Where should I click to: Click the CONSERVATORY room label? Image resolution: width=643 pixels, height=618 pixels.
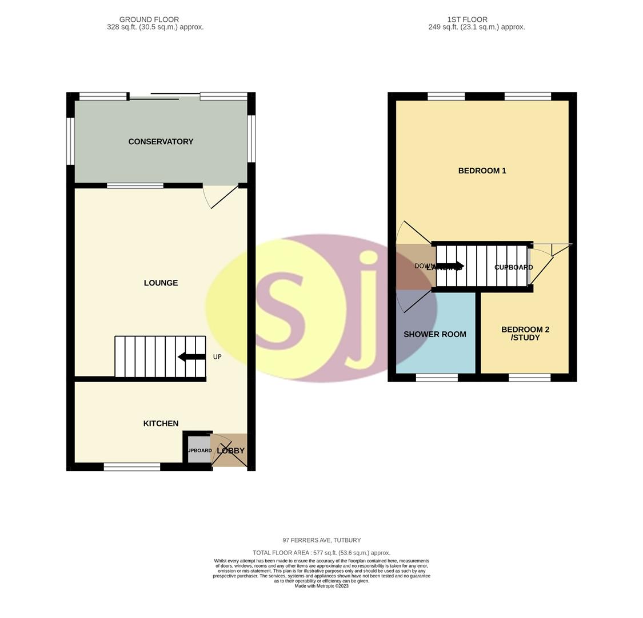click(161, 142)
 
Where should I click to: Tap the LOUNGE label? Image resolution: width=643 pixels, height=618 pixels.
click(161, 283)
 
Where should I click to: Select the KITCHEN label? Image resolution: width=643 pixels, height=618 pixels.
click(161, 423)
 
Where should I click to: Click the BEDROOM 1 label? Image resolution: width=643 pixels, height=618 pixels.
click(482, 171)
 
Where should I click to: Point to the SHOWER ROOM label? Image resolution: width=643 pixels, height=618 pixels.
click(434, 334)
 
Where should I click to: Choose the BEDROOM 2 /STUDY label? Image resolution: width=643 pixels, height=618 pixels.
click(525, 333)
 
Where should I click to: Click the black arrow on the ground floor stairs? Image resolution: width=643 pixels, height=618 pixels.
click(191, 357)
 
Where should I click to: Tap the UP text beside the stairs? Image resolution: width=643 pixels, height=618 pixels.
click(217, 357)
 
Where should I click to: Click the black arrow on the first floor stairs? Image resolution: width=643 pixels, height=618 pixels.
click(450, 266)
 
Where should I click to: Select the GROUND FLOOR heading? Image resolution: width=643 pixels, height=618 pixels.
click(149, 19)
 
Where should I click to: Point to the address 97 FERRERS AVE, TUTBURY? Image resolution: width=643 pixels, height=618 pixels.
click(321, 540)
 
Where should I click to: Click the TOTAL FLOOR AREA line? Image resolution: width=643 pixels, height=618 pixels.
click(321, 553)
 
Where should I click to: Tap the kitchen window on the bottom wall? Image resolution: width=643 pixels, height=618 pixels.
click(132, 467)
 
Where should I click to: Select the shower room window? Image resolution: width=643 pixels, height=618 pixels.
click(437, 377)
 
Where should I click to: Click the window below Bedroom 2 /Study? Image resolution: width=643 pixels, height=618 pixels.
click(530, 377)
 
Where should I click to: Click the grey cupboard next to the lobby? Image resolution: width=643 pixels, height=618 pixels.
click(199, 450)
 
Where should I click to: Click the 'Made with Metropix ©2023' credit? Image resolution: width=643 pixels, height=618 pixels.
click(321, 586)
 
